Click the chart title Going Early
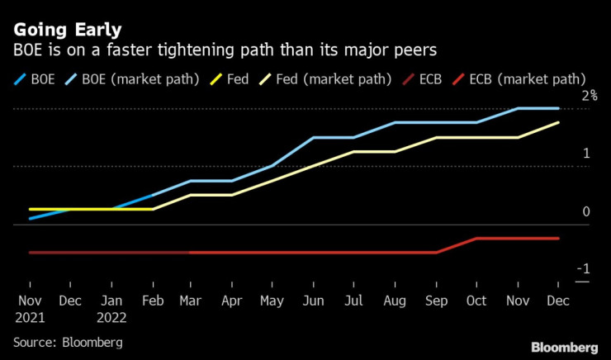point(68,31)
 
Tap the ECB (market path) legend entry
point(521,81)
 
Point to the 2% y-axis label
point(588,97)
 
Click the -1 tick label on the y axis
point(584,269)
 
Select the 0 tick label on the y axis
point(586,212)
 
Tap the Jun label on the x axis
point(313,301)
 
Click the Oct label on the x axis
point(476,301)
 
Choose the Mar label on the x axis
point(191,301)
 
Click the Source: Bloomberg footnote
point(67,342)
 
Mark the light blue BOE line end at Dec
point(558,108)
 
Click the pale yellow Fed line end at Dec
point(558,123)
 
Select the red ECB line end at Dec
point(558,238)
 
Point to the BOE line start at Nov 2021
point(31,218)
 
